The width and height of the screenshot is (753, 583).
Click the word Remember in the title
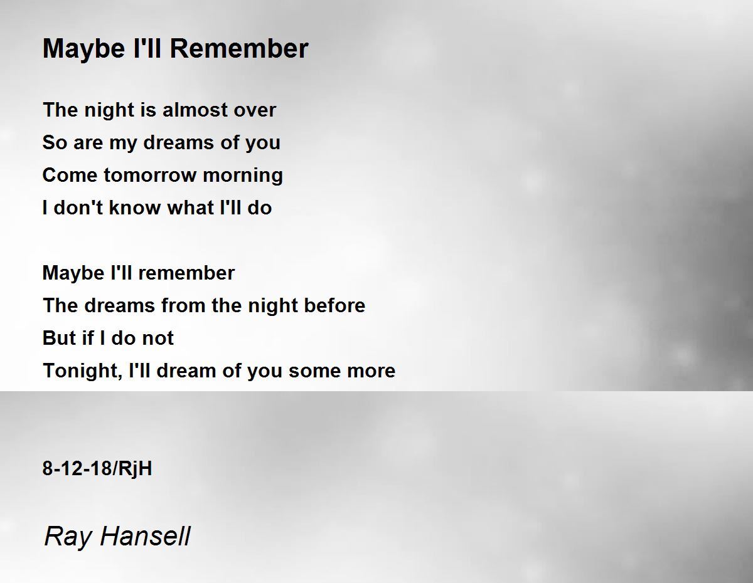point(239,48)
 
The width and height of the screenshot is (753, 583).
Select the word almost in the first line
point(195,110)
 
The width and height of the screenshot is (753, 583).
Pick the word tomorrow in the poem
point(150,175)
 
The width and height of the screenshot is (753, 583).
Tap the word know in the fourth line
point(135,207)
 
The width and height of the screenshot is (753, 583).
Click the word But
point(59,339)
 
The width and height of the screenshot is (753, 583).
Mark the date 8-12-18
point(77,469)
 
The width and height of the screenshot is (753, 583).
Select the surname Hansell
point(145,536)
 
